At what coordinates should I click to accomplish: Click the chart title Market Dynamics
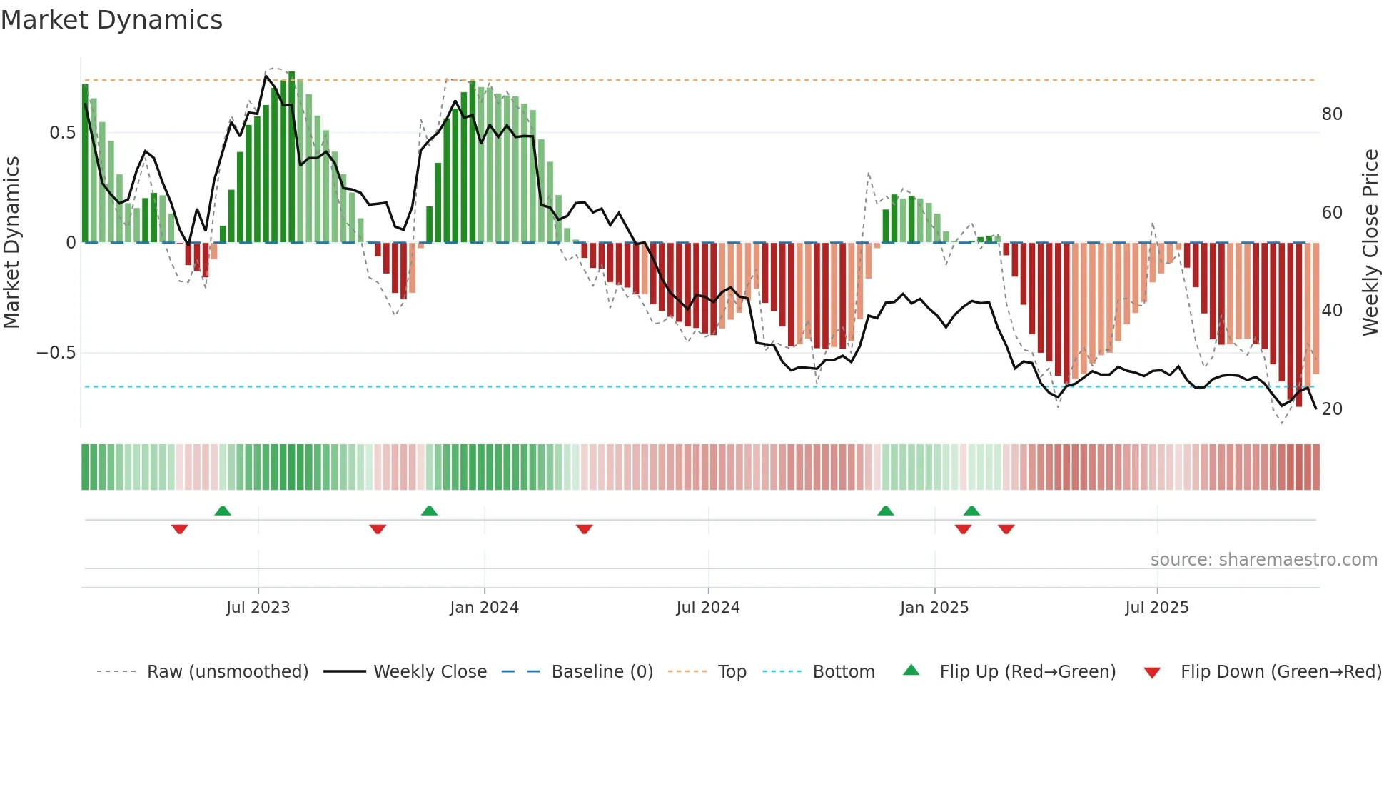pyautogui.click(x=111, y=20)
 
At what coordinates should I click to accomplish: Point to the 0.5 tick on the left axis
pyautogui.click(x=62, y=133)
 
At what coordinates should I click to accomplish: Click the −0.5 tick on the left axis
pyautogui.click(x=56, y=353)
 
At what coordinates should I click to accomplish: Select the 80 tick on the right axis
pyautogui.click(x=1332, y=114)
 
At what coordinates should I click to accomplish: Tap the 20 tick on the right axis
pyautogui.click(x=1332, y=409)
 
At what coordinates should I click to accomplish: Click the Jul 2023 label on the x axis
pyautogui.click(x=258, y=608)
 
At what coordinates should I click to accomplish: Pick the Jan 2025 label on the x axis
pyautogui.click(x=934, y=608)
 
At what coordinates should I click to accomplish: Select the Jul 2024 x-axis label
pyautogui.click(x=707, y=608)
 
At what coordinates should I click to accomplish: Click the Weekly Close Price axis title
pyautogui.click(x=1370, y=243)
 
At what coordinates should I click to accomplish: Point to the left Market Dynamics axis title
pyautogui.click(x=11, y=243)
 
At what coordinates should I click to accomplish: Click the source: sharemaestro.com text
pyautogui.click(x=1263, y=560)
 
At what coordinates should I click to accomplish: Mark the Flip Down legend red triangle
pyautogui.click(x=1151, y=673)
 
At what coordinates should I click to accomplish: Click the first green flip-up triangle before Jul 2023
pyautogui.click(x=223, y=511)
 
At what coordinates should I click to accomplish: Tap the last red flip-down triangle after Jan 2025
pyautogui.click(x=1006, y=529)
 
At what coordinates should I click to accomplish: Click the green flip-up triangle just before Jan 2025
pyautogui.click(x=885, y=511)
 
